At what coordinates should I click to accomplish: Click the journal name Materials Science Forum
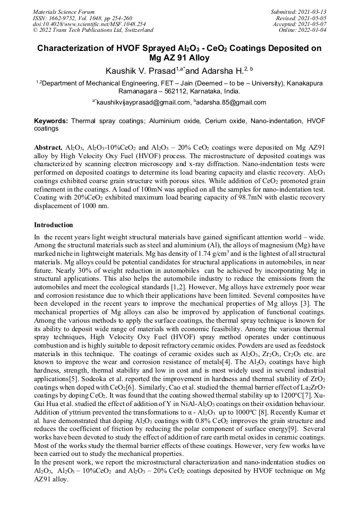click(64, 12)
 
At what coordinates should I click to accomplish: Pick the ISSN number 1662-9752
click(68, 18)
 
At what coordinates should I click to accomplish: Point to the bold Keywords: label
click(51, 121)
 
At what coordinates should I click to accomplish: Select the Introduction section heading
click(54, 225)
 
